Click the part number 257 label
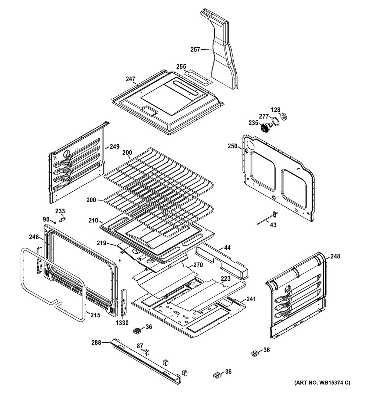tap(195, 49)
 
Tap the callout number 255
tap(181, 66)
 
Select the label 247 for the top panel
tap(131, 79)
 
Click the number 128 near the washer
tap(276, 110)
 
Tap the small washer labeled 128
tap(284, 117)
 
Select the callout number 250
tap(232, 146)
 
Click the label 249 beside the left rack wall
tap(114, 147)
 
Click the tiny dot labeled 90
tap(55, 223)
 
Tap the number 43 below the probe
tap(273, 225)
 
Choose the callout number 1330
tap(122, 323)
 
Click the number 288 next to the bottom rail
tap(96, 343)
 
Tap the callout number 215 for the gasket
tap(95, 315)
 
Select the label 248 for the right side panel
tap(335, 256)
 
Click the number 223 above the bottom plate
tap(226, 279)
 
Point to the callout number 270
tap(198, 265)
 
